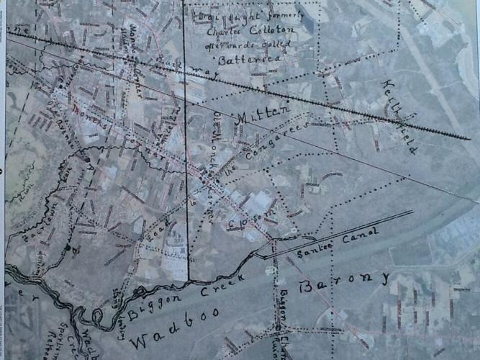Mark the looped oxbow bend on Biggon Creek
click(94, 317)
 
